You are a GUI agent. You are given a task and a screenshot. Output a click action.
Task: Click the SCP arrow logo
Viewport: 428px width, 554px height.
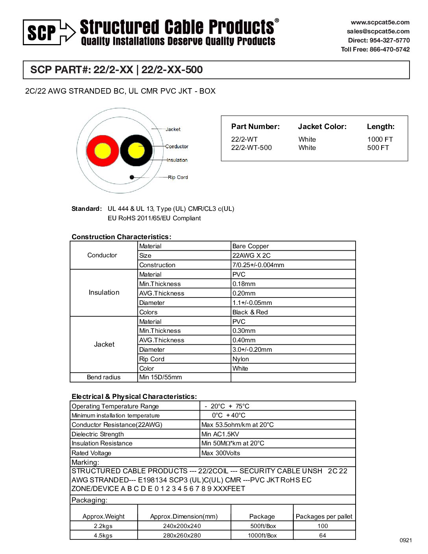(x=49, y=32)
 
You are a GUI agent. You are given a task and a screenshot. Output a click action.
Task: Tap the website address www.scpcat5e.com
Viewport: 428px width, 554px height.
(x=380, y=22)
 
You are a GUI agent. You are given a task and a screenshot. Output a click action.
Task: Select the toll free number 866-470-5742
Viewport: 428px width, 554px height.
(x=389, y=49)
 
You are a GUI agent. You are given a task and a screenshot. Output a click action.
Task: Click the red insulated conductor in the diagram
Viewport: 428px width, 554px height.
(x=102, y=151)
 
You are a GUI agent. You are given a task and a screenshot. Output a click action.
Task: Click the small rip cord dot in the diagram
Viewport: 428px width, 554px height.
(x=132, y=177)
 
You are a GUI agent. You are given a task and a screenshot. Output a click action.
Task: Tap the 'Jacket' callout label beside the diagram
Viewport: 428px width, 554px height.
(x=173, y=129)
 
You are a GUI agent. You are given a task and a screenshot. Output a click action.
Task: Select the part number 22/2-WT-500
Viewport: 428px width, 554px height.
(x=251, y=148)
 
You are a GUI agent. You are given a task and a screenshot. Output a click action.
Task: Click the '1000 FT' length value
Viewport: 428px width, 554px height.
(x=380, y=139)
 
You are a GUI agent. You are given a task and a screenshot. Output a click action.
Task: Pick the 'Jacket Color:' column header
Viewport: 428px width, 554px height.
(x=322, y=127)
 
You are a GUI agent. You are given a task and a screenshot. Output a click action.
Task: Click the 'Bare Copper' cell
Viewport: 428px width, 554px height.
(x=251, y=246)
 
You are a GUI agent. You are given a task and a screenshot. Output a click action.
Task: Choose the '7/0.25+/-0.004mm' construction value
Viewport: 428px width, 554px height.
(x=258, y=265)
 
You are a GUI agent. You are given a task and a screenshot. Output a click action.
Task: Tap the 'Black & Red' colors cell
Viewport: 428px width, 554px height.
(x=250, y=312)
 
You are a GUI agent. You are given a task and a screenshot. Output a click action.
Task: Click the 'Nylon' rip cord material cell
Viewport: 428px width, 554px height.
(x=240, y=359)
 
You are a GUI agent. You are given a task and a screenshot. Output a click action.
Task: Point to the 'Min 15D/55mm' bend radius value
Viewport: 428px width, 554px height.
(x=160, y=377)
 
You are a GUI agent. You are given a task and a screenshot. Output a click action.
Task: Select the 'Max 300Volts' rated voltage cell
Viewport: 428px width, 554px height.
(x=220, y=453)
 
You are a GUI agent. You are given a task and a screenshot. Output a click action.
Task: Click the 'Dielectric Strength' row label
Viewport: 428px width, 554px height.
(x=98, y=434)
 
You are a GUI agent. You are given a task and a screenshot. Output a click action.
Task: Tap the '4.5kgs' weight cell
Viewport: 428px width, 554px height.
(x=103, y=535)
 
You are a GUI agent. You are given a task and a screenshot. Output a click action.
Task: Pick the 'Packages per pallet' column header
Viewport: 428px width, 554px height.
(x=324, y=516)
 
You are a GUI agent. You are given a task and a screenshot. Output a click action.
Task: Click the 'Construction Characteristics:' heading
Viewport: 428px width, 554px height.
(x=121, y=236)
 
